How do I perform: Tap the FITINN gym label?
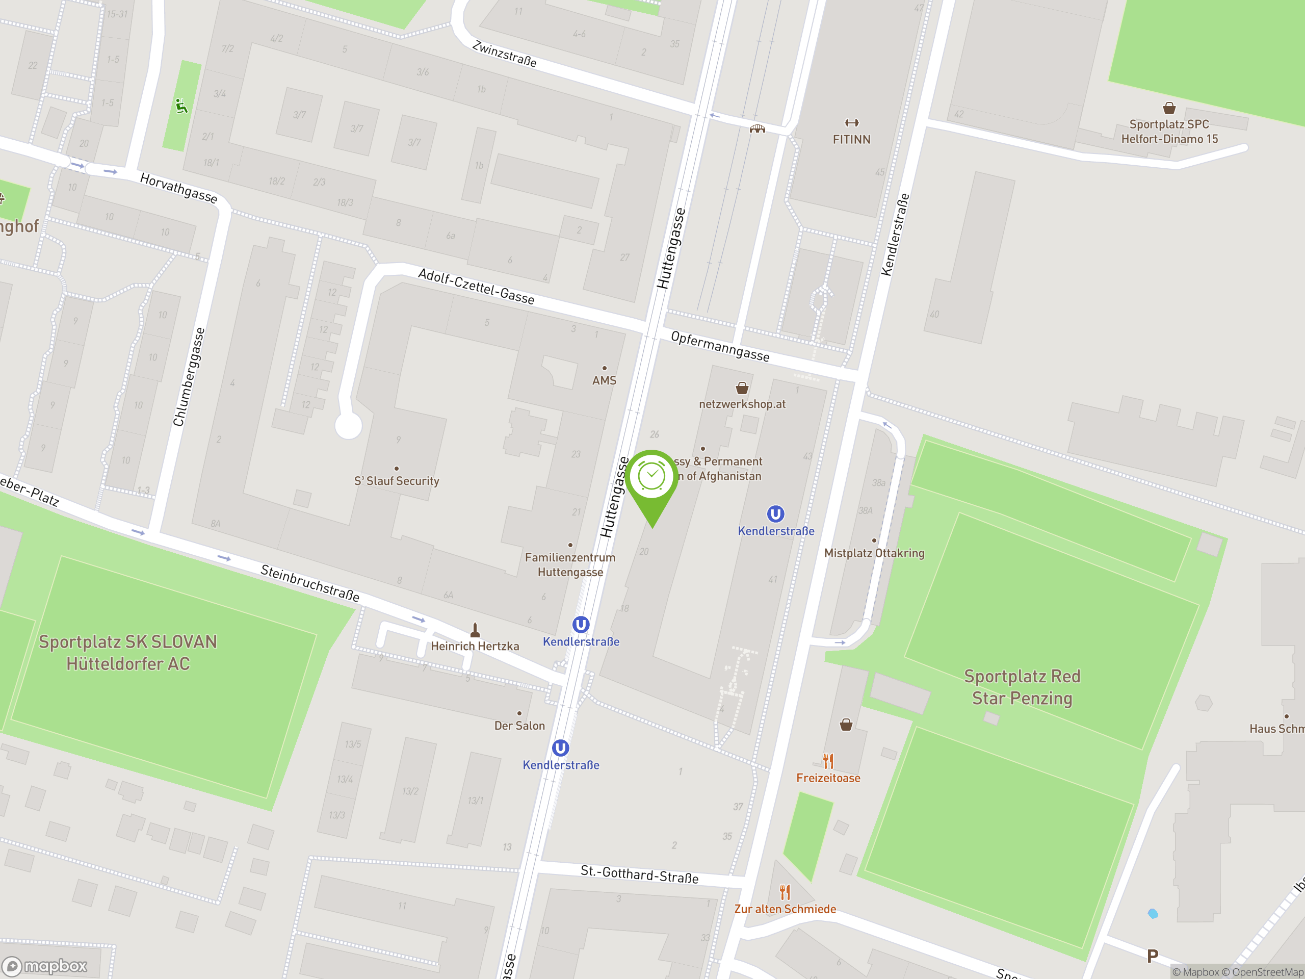pos(851,139)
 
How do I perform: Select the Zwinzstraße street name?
pos(505,54)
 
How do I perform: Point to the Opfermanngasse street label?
pos(720,346)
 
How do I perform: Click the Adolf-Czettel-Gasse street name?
pos(476,286)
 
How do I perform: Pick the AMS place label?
pos(604,380)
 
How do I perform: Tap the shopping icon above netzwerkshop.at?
pos(742,388)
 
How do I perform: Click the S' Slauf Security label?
pos(397,481)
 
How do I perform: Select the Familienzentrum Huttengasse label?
pos(570,564)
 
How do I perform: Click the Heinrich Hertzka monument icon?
pos(475,630)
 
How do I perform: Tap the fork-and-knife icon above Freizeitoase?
pos(828,761)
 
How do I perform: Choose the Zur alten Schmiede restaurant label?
pos(785,909)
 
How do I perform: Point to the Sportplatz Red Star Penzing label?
pos(1022,687)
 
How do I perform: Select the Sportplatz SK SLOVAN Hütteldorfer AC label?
pos(128,652)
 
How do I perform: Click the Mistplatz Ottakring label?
pos(874,553)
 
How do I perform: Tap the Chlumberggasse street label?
pos(189,376)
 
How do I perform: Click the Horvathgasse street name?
pos(178,188)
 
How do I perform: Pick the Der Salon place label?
pos(519,725)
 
